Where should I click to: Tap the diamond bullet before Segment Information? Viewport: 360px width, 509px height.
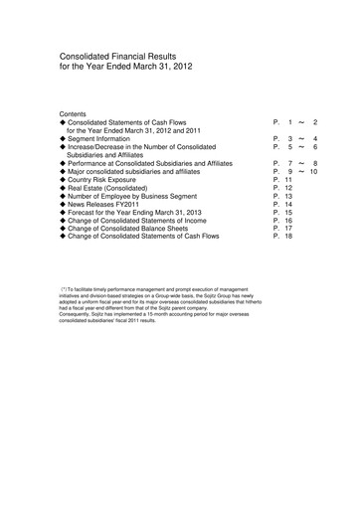[63, 138]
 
